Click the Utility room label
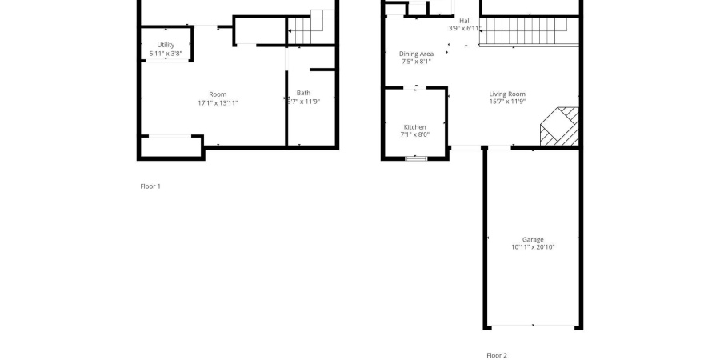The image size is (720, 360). coord(166,45)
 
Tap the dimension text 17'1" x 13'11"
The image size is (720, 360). coord(218,103)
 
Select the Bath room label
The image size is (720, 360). coord(303,94)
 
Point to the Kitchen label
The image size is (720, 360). coord(414,127)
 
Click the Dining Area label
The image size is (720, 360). coord(416,54)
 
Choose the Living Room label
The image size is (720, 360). coord(507,94)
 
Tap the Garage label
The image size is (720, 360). coord(533,239)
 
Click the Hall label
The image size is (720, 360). coord(465,21)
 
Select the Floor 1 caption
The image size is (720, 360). coord(150,186)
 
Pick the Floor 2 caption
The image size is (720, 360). coord(497,355)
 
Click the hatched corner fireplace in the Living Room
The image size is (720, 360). coord(560,126)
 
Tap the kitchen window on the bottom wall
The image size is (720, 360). coord(416,158)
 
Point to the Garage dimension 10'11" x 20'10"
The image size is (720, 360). coord(533,247)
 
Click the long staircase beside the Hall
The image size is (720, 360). coord(529,32)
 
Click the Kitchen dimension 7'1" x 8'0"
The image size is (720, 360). coord(414,134)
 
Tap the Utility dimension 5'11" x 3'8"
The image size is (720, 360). coord(166,54)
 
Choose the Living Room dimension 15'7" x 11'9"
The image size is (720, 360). coord(507,102)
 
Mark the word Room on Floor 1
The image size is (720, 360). coord(218,94)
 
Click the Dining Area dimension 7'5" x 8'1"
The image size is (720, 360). coord(416,62)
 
